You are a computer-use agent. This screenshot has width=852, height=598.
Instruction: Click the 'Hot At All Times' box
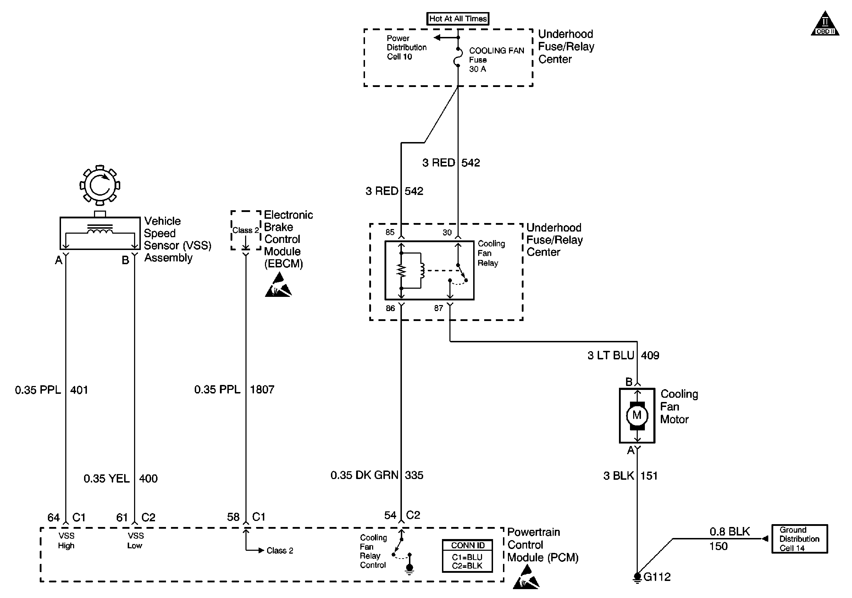458,18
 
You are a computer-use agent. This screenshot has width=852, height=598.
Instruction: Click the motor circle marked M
637,415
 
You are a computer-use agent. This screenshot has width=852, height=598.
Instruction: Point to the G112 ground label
657,577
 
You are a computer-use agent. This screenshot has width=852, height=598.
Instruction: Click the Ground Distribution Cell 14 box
799,539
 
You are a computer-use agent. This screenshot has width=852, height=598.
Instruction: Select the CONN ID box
468,556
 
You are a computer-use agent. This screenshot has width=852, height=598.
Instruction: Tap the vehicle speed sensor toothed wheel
100,185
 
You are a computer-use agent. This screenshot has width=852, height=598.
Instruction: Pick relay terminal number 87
438,308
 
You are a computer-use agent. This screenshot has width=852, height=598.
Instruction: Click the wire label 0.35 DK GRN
364,475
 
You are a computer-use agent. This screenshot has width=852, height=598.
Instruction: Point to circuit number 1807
262,390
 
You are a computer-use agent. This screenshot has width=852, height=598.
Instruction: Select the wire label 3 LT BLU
610,355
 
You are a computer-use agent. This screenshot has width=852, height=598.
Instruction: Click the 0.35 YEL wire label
106,478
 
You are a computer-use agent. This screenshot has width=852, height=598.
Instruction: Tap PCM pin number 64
54,517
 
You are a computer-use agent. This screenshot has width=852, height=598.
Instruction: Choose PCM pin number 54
390,515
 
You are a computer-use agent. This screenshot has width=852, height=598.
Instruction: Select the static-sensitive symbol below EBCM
278,285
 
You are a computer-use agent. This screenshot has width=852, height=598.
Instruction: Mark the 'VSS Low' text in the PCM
135,540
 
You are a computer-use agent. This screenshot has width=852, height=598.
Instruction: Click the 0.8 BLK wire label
730,532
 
